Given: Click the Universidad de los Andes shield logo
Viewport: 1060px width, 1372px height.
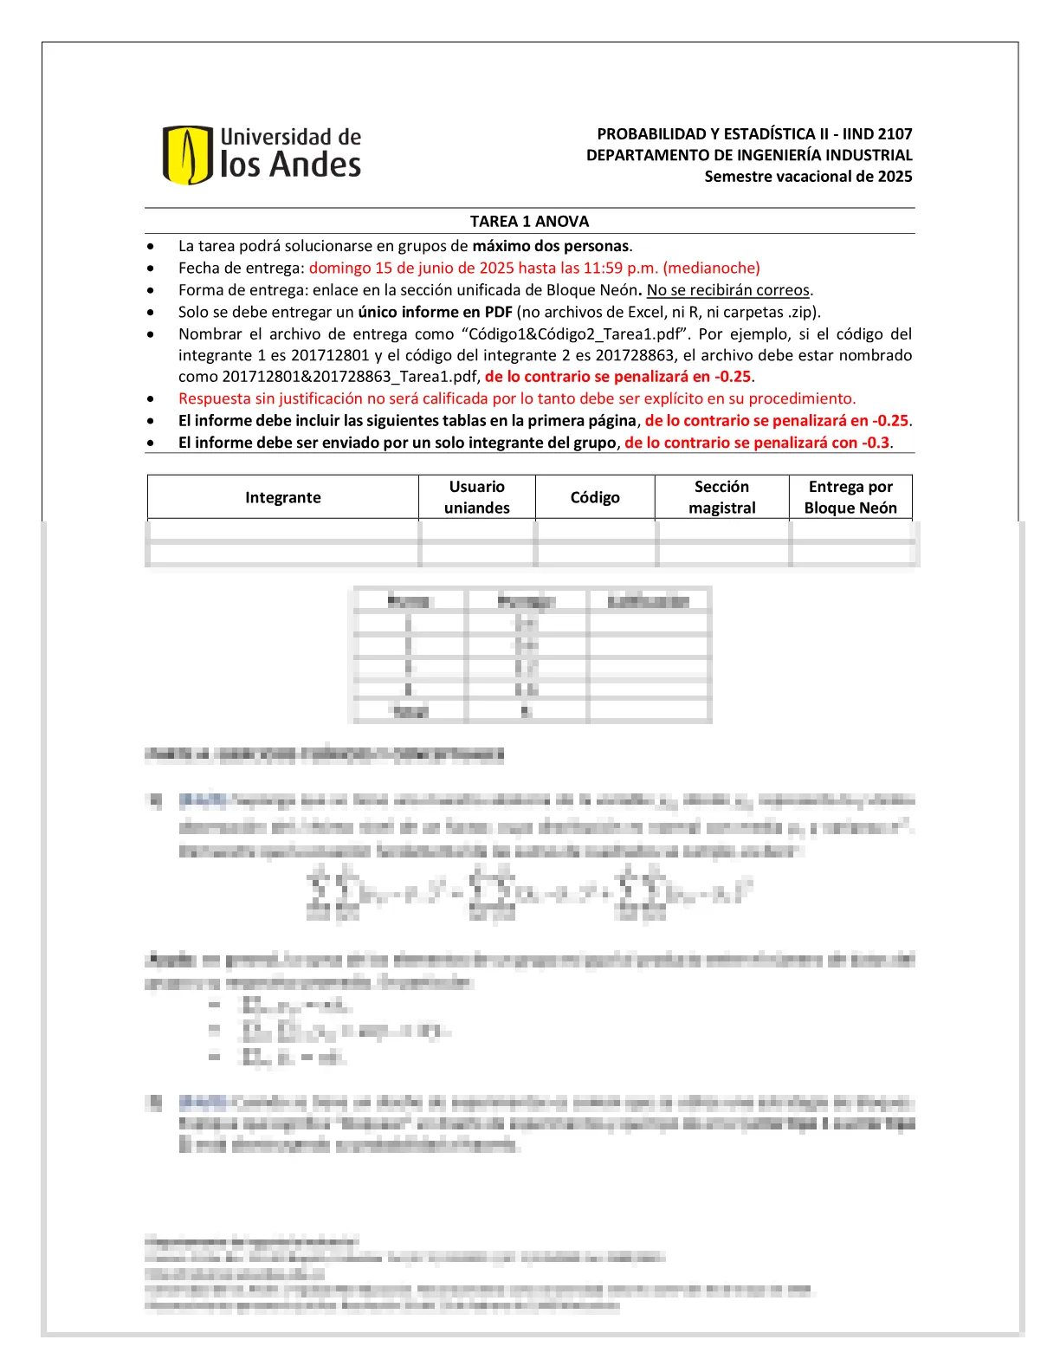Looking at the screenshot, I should (187, 155).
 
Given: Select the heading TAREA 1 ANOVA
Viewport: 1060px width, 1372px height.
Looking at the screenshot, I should (529, 222).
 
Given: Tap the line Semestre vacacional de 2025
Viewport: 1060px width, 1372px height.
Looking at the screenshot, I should (808, 177).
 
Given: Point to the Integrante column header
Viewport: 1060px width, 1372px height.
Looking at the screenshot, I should (282, 497).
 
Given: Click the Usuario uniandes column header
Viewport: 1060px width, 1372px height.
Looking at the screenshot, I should (476, 497).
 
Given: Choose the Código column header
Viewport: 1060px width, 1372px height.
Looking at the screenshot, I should (595, 497).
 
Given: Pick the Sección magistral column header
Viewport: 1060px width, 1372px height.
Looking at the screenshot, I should (721, 497).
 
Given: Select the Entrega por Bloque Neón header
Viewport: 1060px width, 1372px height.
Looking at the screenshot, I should (850, 497).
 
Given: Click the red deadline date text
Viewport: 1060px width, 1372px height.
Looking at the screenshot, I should (534, 268).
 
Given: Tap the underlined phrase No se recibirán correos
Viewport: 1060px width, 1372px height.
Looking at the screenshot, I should (728, 290).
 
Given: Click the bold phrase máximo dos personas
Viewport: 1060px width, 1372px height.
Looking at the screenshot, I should (552, 246).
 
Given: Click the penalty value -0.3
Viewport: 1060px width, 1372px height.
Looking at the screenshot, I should (876, 443).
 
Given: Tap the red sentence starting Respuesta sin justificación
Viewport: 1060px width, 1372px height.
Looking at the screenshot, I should (516, 398).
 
